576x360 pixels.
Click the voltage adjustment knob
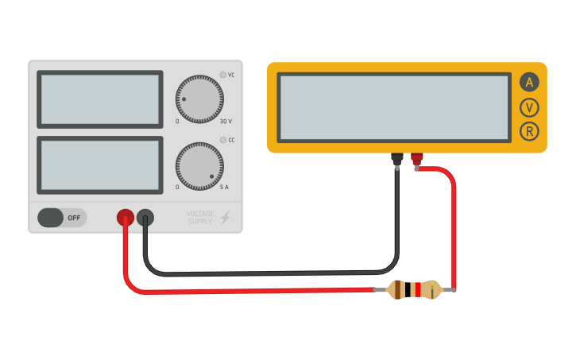tap(199, 99)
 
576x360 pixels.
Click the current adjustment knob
tap(199, 166)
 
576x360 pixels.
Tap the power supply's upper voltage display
tap(100, 99)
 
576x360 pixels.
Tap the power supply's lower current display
tap(100, 165)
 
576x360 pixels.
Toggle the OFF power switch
tap(61, 217)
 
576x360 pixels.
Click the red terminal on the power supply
tap(126, 217)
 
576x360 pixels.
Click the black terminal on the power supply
tap(145, 217)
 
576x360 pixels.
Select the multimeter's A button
tap(529, 82)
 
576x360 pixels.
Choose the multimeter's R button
tap(529, 132)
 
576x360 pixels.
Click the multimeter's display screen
tap(394, 108)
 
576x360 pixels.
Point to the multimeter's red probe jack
tap(416, 159)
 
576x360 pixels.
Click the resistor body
tap(413, 290)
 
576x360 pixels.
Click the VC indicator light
tap(223, 75)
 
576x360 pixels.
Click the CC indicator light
tap(223, 140)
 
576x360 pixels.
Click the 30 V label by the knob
tap(226, 122)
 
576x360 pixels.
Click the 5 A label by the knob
tap(224, 187)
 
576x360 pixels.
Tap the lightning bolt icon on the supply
tap(226, 217)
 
